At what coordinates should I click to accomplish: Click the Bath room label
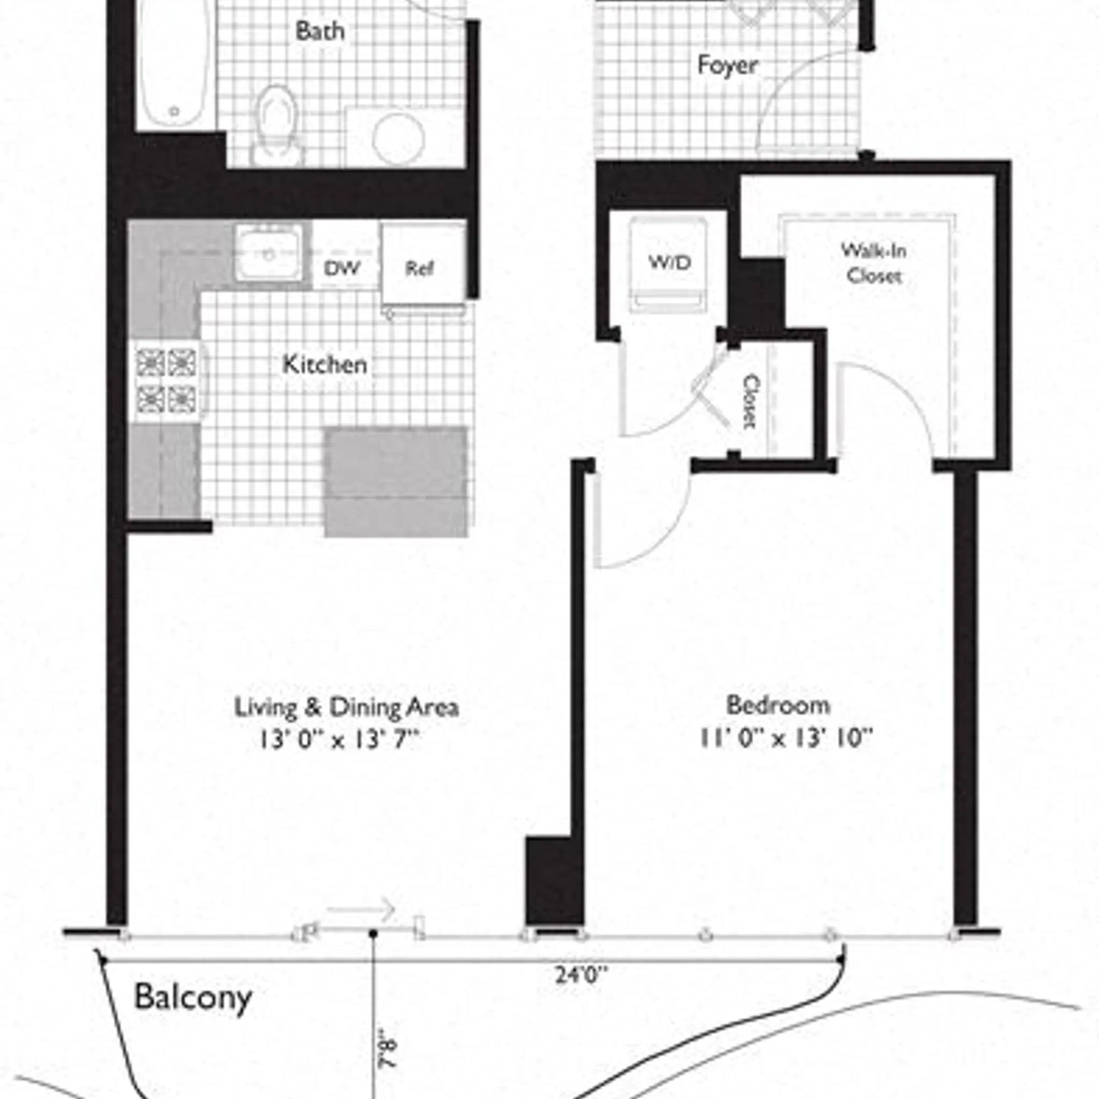(x=320, y=31)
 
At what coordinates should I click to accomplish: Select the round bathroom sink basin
(x=398, y=138)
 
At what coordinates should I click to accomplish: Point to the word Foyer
(x=728, y=65)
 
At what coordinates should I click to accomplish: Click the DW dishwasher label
(x=342, y=268)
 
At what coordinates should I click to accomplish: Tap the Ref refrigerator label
(x=419, y=268)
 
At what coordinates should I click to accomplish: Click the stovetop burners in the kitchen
(x=166, y=380)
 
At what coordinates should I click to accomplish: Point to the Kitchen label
(x=325, y=364)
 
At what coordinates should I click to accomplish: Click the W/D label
(x=670, y=262)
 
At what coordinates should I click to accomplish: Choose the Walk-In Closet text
(x=873, y=263)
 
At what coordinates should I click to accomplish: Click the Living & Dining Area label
(x=347, y=708)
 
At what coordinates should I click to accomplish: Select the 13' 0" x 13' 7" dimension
(x=339, y=740)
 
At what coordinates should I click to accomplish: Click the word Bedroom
(x=778, y=705)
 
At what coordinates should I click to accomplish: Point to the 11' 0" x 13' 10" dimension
(x=785, y=738)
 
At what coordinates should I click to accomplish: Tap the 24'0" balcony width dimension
(x=581, y=976)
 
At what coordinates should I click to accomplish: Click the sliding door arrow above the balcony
(x=362, y=909)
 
